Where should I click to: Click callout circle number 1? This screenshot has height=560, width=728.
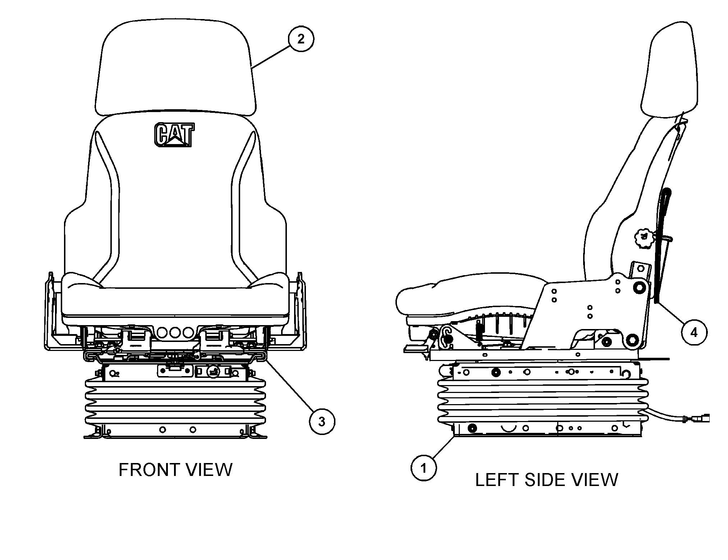[x=423, y=468]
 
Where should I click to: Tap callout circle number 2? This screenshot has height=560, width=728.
[x=301, y=39]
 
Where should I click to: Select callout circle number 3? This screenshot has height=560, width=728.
[x=322, y=421]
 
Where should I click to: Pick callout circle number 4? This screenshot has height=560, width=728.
[x=693, y=332]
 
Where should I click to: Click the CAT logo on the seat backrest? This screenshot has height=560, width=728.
[x=174, y=135]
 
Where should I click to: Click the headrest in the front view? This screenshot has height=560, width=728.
[x=175, y=68]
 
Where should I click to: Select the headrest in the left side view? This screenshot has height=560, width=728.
[x=669, y=72]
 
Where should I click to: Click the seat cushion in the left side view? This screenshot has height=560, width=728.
[x=467, y=293]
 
